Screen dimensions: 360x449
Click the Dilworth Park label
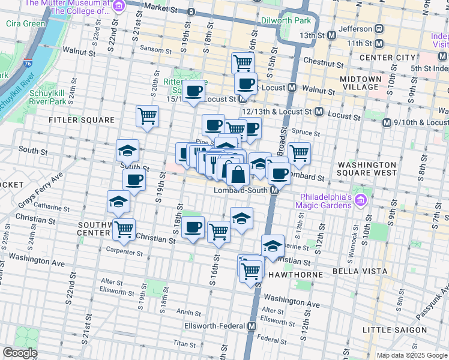(286, 20)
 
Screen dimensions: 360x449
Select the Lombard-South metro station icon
(273, 190)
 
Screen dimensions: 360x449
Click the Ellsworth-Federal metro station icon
(252, 326)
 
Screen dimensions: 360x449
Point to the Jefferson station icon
(379, 28)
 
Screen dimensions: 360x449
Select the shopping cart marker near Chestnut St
(243, 62)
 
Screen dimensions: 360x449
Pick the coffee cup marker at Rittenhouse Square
(193, 91)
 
